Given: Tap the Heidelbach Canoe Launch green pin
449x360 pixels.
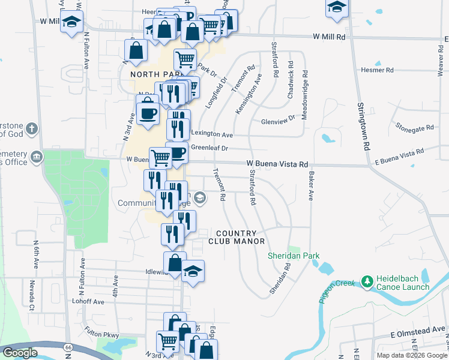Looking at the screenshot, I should coord(367,281).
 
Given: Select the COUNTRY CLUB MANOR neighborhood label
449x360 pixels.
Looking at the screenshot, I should coord(237,237).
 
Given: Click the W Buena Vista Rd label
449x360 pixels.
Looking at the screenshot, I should coord(277,164).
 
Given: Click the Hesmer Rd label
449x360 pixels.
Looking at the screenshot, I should coord(377,70).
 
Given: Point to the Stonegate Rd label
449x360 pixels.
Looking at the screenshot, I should coord(414,128).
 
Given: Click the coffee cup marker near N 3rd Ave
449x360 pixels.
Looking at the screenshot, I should coord(148,112).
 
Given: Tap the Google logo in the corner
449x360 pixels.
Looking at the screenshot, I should coord(20,353).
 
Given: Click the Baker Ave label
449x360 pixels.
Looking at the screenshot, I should coord(310,187).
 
